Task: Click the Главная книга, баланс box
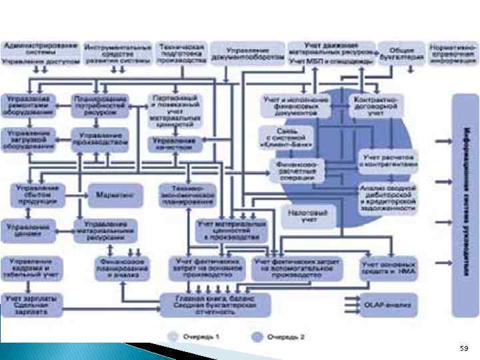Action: coord(215,305)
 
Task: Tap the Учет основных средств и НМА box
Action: coord(389,267)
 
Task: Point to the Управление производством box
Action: coord(99,138)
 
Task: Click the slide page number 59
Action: coord(463,349)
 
